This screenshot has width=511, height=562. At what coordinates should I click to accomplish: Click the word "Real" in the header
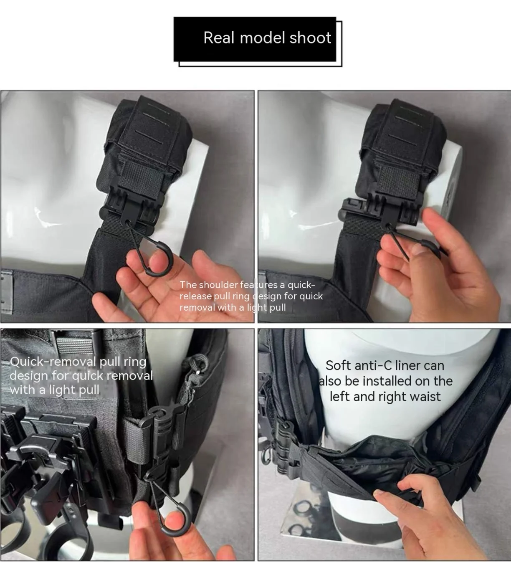218,38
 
